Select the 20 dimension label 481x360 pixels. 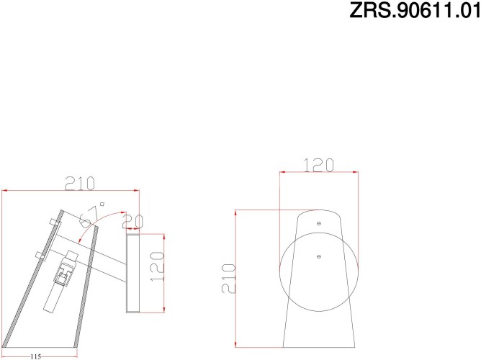132,221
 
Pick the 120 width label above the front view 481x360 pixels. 318,165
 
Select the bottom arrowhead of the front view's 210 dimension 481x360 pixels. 238,343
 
